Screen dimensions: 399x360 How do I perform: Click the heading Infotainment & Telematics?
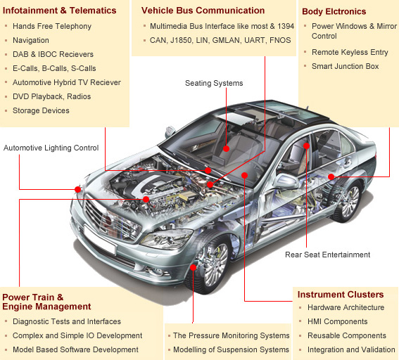[59, 11]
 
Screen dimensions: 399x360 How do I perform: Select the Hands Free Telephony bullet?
[52, 26]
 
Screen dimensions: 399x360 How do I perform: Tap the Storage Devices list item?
[41, 110]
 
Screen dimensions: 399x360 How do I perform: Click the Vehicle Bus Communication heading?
[203, 11]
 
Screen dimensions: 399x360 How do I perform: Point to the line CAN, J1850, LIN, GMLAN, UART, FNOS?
[220, 40]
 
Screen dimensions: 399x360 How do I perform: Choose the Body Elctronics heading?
[334, 11]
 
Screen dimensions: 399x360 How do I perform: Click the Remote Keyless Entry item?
[350, 52]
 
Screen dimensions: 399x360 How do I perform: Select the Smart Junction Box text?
[345, 66]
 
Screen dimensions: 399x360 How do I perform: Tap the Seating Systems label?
[214, 83]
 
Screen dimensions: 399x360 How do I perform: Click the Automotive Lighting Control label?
[51, 148]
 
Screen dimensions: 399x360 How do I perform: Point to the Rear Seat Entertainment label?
[327, 255]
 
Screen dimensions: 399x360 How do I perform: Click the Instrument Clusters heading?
[341, 295]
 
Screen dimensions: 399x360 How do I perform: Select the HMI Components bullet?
[337, 321]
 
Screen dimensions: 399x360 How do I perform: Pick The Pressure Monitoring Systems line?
[232, 335]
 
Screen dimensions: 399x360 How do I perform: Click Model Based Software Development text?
[75, 349]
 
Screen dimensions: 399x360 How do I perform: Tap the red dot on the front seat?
[226, 148]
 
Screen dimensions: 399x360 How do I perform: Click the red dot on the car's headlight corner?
[78, 189]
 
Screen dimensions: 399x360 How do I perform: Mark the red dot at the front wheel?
[193, 267]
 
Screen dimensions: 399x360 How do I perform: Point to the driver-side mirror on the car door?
[286, 181]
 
